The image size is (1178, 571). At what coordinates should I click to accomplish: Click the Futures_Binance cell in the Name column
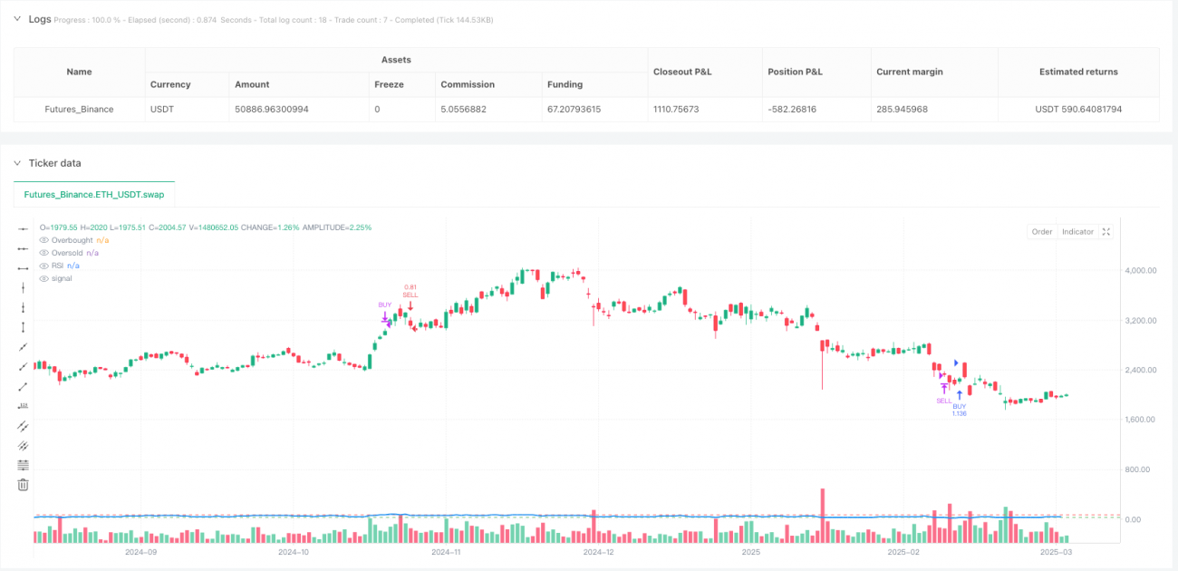pos(79,109)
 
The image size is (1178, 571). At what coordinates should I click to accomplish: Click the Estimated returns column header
pos(1078,72)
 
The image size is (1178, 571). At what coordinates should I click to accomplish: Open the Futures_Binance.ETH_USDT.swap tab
pos(94,194)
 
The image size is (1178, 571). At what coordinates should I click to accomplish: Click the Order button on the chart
pos(1042,232)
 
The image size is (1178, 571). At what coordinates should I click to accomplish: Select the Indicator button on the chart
pos(1077,232)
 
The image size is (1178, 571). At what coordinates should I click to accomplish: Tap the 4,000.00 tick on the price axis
pos(1143,270)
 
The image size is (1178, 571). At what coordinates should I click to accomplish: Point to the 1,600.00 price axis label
pos(1143,420)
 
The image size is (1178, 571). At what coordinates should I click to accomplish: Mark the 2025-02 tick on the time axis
pos(903,551)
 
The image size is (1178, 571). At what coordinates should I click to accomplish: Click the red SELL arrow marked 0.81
pos(410,306)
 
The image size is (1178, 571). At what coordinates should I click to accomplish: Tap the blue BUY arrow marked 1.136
pos(960,395)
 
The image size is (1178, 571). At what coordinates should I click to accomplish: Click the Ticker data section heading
pos(55,163)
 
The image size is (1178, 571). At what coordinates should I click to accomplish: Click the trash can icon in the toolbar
pos(24,485)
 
